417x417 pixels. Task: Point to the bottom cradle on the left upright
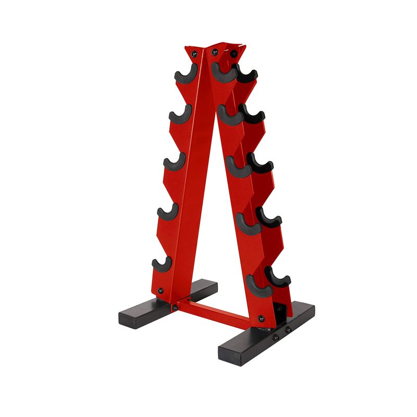[162, 264]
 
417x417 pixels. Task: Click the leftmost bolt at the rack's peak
[194, 54]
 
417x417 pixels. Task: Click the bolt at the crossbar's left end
[175, 308]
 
